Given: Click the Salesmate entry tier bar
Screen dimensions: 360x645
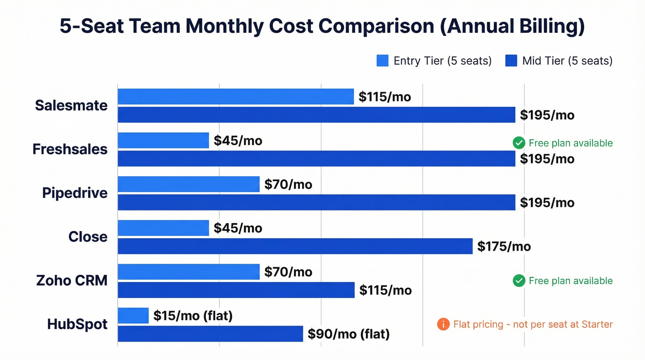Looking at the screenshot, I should point(235,97).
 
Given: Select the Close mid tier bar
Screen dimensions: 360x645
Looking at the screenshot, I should point(295,246).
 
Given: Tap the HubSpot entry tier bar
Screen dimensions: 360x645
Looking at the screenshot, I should point(133,316).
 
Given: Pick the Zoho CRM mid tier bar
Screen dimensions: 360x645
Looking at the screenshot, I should point(236,290).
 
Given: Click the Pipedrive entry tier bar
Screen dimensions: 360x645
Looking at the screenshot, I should point(188,184).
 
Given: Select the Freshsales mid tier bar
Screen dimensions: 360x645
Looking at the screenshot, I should point(316,159).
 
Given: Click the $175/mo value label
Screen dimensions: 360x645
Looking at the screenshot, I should point(504,247).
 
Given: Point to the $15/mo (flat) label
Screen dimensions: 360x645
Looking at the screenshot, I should point(193,316).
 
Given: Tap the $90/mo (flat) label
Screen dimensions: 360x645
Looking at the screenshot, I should point(349,334).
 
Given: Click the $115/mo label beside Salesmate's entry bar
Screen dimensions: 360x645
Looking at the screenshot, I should point(385,97).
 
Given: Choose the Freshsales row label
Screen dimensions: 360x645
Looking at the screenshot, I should point(70,149).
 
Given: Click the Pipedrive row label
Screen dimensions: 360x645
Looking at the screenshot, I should point(75,193).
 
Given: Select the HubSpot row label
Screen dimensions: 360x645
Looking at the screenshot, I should point(77,324).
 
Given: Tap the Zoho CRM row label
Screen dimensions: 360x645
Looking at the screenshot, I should point(72,280).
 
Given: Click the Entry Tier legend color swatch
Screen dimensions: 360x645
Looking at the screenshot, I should point(382,61).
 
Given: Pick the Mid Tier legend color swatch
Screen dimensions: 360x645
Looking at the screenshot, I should point(511,61).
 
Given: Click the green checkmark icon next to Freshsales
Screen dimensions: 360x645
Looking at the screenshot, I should point(519,143).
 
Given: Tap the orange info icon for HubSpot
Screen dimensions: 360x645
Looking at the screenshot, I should point(443,325).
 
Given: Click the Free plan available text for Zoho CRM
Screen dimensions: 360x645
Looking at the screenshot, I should point(570,281).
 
